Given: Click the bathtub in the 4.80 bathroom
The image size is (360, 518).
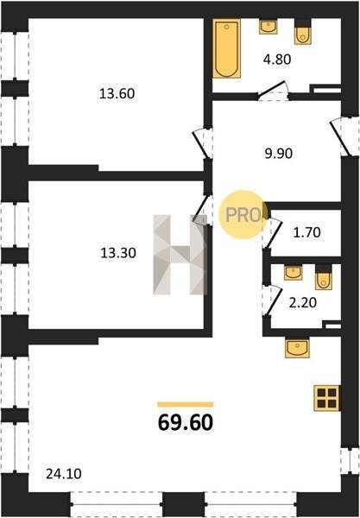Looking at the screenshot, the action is (226, 48).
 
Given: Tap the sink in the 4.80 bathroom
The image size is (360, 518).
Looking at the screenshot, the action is (268, 27).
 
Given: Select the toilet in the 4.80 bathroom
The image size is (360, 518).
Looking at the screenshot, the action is (302, 32).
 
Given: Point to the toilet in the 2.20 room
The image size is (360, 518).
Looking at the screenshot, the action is (324, 277).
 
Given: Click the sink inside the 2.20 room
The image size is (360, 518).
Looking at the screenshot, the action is (293, 273).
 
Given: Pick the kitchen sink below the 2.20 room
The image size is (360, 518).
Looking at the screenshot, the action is (297, 348).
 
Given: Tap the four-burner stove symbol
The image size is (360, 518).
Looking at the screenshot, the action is (326, 398).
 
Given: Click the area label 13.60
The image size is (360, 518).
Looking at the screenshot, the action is (117, 94).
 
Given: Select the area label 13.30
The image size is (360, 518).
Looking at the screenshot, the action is (118, 253).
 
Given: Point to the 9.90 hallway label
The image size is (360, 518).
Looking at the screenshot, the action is (279, 154).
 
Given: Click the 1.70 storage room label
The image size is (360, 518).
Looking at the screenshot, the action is (306, 232).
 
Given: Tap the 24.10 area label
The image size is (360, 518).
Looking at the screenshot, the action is (63, 474).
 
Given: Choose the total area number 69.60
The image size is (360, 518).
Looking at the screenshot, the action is (186, 423).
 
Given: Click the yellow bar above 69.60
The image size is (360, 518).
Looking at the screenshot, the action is (186, 404).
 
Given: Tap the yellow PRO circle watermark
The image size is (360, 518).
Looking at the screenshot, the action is (243, 215).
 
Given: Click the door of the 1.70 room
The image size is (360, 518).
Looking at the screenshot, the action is (273, 233).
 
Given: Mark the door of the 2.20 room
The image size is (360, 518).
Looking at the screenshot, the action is (273, 300).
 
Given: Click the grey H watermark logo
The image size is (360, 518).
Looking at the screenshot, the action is (180, 255).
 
